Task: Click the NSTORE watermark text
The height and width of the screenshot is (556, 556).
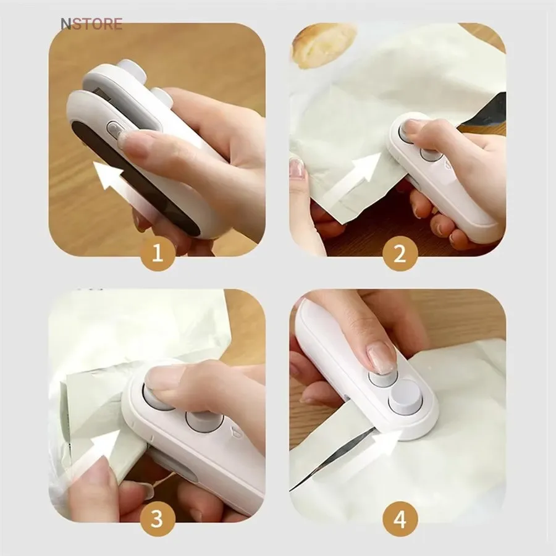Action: click(91, 24)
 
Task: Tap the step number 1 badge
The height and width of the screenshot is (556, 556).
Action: click(158, 253)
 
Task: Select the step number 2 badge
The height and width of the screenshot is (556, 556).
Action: click(400, 253)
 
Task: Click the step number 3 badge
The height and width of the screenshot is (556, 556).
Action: click(158, 520)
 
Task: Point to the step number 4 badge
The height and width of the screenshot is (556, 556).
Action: click(400, 520)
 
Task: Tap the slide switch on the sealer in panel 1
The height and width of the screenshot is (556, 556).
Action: click(114, 130)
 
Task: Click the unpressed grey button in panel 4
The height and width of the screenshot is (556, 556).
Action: click(406, 397)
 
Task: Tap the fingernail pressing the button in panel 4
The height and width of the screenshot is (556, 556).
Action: click(381, 358)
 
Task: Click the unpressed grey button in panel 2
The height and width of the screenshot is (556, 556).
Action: click(431, 154)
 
